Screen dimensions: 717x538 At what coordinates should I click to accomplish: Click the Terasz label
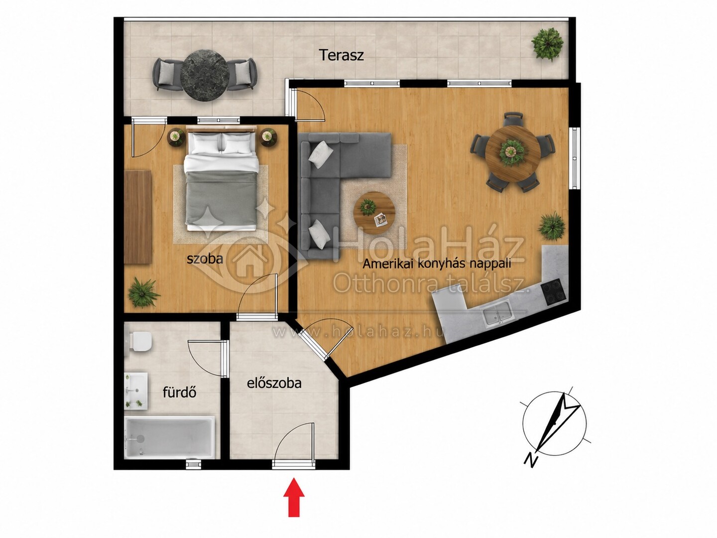342,55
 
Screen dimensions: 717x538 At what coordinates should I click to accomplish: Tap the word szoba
205,259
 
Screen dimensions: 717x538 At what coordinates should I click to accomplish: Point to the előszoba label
274,383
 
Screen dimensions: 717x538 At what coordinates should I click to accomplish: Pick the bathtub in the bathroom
169,437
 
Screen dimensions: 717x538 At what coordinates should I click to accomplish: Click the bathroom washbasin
136,391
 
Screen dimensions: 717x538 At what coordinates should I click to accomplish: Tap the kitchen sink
497,313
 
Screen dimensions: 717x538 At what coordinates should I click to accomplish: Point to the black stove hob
553,292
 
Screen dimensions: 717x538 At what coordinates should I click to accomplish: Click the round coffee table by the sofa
374,213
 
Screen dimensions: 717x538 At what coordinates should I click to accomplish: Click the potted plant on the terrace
547,44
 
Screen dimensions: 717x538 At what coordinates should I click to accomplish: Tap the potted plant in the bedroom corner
143,293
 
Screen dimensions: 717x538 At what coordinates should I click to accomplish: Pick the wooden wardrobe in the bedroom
138,217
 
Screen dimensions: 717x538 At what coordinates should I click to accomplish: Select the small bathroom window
194,463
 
